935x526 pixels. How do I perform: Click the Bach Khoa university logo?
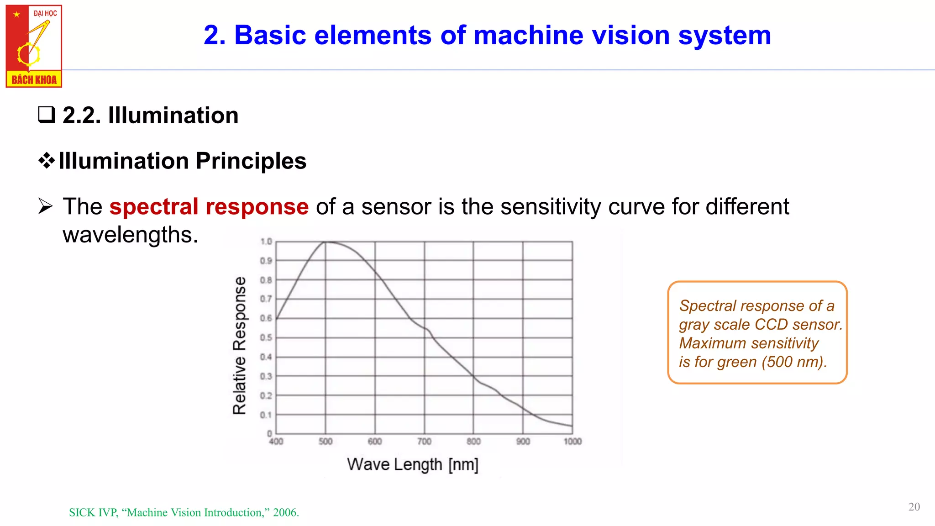(34, 46)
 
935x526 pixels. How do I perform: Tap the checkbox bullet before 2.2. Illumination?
(47, 115)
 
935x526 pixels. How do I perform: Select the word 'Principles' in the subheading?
(251, 161)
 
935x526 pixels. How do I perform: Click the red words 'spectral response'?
(209, 206)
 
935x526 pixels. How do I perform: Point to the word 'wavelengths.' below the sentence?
(131, 235)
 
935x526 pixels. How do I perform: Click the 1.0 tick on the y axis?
(266, 242)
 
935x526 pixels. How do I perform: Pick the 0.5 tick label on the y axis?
(266, 337)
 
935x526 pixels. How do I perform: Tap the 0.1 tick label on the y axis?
(266, 415)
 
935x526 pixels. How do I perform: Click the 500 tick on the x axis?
(326, 442)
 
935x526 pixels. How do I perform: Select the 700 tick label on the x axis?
(424, 442)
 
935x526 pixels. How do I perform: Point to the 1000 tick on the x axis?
(573, 442)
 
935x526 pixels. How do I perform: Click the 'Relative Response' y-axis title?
(240, 345)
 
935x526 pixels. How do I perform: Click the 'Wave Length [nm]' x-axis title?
(412, 464)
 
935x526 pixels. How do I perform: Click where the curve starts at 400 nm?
(277, 318)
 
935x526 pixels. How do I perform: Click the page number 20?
(914, 507)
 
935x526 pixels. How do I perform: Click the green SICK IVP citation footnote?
(184, 512)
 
